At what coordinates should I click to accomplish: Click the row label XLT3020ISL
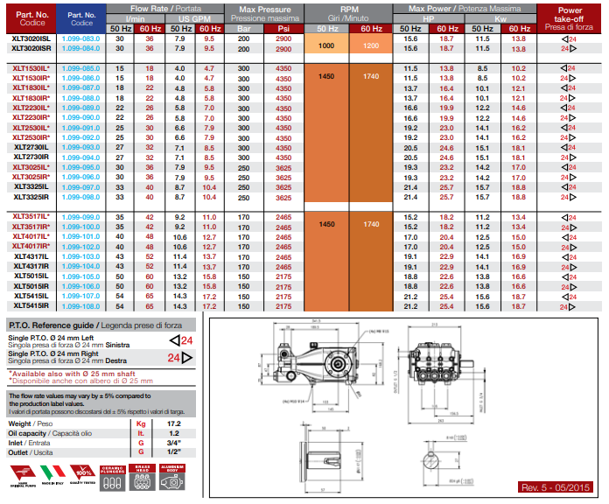[x=31, y=39]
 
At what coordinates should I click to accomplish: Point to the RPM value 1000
[x=327, y=45]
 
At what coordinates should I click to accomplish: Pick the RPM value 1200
[x=370, y=45]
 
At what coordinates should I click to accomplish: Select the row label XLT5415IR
[x=31, y=307]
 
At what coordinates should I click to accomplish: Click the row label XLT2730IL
[x=31, y=148]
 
